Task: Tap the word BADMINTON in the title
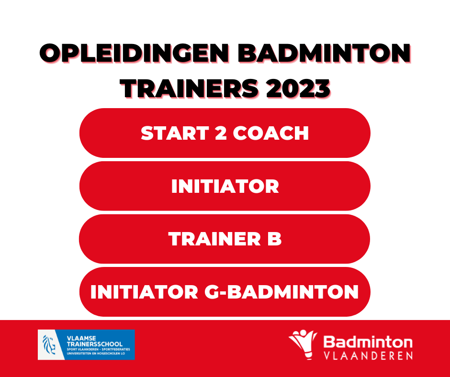324,54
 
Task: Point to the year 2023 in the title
298,89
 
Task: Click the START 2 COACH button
225,133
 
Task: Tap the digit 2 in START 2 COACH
221,133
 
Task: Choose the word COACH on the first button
271,133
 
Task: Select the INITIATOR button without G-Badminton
225,186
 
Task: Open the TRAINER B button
225,239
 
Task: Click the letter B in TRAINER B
274,239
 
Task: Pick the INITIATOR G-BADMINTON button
225,292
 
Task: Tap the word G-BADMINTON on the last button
281,292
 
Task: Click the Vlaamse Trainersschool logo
86,344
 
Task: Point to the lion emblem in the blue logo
49,344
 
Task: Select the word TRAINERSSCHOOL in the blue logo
95,344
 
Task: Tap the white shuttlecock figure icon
304,344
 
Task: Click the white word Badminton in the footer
368,342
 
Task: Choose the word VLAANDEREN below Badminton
368,355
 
